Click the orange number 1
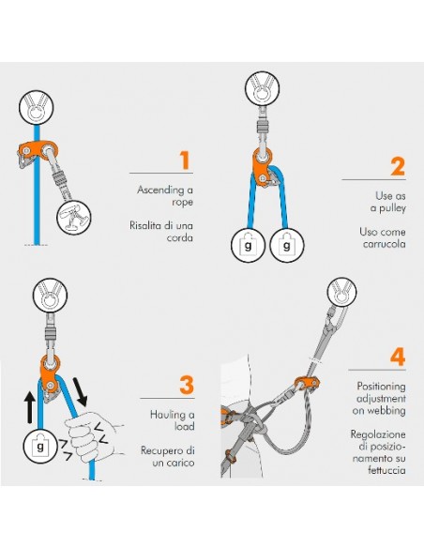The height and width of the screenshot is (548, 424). tap(185, 160)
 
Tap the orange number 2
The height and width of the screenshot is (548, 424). tap(398, 167)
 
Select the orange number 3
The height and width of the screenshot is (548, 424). tap(187, 385)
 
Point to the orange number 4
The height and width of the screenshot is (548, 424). tap(398, 357)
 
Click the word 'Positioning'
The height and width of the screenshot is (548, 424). tap(381, 387)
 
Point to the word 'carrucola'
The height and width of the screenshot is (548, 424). tap(385, 244)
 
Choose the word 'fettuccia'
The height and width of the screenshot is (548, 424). tap(386, 470)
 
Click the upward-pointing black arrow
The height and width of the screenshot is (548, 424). tap(30, 407)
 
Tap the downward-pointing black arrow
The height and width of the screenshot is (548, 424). tap(81, 391)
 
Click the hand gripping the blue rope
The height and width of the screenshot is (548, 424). tap(92, 436)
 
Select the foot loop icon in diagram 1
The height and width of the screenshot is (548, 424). tap(74, 218)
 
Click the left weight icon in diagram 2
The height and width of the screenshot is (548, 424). tap(248, 245)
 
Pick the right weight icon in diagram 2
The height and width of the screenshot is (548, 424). tap(287, 245)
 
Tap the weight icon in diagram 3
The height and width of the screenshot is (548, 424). tap(40, 446)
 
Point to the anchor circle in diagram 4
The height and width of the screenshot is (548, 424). tap(342, 292)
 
